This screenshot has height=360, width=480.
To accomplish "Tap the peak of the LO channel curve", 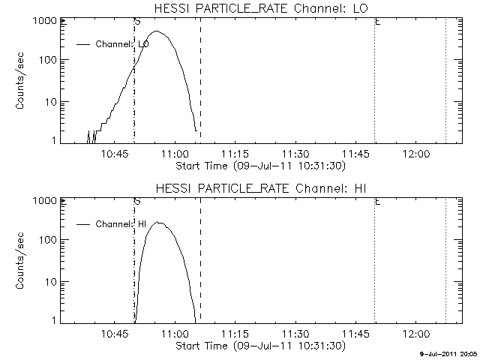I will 157,31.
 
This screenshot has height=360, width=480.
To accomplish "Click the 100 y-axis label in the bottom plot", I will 46,240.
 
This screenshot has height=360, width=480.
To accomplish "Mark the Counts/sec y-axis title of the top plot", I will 22,81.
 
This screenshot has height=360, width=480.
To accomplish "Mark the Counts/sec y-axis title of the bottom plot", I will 22,261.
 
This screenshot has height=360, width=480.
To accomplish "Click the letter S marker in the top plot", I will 136,22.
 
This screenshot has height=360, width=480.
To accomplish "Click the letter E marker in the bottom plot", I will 376,202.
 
